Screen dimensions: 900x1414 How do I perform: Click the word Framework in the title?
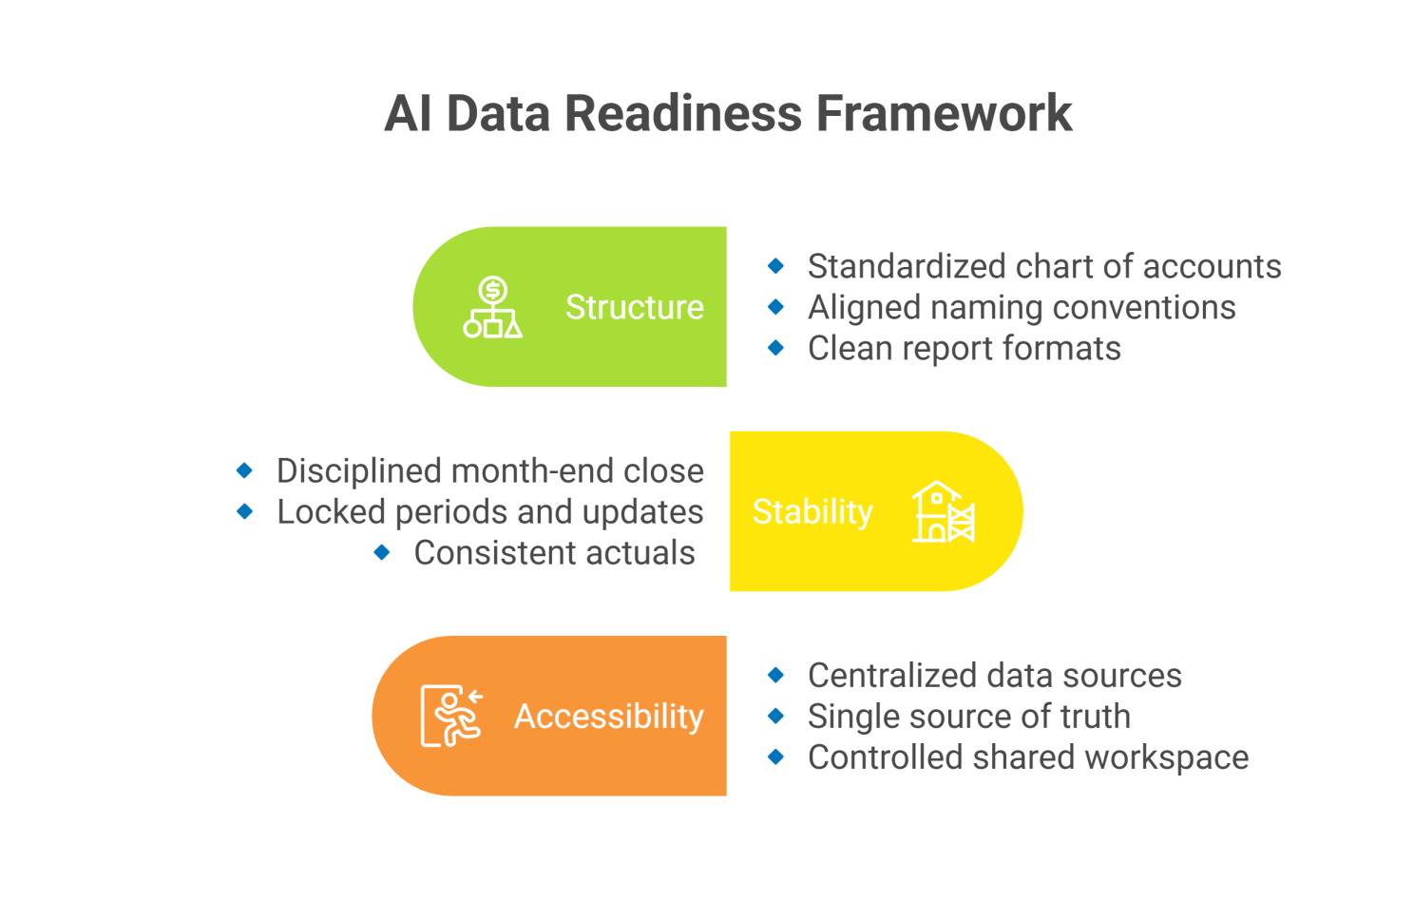944,113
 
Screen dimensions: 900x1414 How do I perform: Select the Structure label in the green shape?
634,307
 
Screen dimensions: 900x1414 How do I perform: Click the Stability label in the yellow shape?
812,511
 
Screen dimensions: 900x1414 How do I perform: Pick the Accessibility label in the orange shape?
608,716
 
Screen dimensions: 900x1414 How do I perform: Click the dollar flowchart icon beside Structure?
492,307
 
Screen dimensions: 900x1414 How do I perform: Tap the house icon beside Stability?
943,511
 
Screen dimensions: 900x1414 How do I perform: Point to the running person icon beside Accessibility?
452,716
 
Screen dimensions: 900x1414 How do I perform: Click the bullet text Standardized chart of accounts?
1043,266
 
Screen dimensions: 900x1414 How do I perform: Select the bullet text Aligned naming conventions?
1021,307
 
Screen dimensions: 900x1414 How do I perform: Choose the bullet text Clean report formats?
964,348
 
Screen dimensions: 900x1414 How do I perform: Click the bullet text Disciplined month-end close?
489,470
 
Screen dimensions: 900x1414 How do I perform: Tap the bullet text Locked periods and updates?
489,511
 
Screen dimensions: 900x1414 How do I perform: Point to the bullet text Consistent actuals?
554,552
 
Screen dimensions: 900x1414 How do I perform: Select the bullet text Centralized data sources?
994,675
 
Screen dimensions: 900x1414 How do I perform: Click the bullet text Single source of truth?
968,716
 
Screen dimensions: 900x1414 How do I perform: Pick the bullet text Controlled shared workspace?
1027,756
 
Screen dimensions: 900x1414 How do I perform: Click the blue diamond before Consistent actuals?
382,552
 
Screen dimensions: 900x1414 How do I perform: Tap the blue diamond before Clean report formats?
776,348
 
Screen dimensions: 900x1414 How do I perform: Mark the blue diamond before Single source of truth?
776,716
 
